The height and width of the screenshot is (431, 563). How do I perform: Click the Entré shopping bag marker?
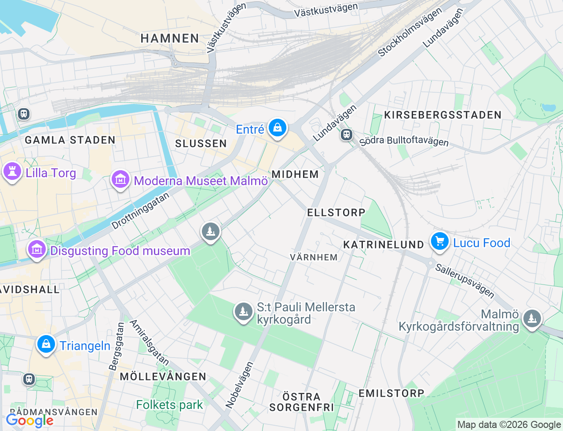click(x=277, y=128)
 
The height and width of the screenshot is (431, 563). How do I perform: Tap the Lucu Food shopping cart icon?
click(x=439, y=241)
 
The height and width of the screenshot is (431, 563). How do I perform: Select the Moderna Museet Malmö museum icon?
click(x=120, y=179)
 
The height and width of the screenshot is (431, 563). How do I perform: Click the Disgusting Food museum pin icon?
click(x=37, y=249)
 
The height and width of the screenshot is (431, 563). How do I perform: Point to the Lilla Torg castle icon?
click(x=12, y=172)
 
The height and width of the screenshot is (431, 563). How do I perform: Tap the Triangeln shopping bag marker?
click(x=46, y=344)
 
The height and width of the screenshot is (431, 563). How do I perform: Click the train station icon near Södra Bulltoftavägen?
click(x=347, y=135)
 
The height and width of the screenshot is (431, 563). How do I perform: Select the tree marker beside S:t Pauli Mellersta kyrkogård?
click(x=243, y=312)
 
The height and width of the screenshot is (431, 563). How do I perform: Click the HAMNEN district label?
click(x=170, y=39)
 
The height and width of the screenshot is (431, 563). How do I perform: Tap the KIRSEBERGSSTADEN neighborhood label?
click(x=442, y=115)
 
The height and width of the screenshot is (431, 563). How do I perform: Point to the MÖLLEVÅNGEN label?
click(x=163, y=376)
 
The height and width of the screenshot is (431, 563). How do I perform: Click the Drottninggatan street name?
click(x=140, y=211)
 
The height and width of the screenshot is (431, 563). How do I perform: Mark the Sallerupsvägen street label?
click(x=465, y=281)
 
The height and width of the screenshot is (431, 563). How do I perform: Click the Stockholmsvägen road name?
click(x=410, y=33)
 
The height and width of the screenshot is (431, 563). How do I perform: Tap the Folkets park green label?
click(x=169, y=405)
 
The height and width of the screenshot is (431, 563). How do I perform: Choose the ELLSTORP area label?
click(x=336, y=212)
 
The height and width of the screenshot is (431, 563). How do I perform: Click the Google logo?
click(x=29, y=420)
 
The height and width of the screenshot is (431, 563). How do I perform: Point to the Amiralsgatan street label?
click(x=149, y=343)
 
